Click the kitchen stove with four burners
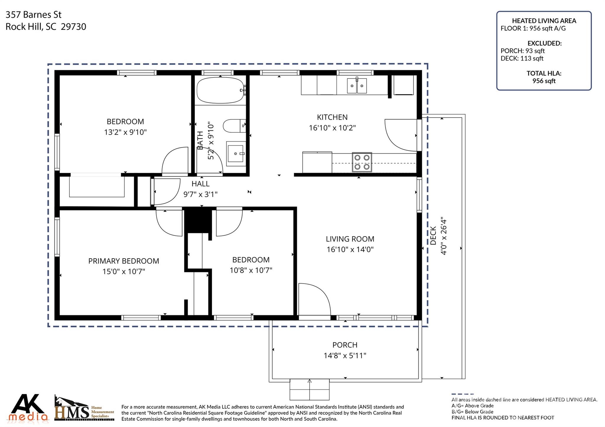[x=362, y=162]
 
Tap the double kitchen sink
[x=357, y=86]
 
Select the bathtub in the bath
[x=220, y=90]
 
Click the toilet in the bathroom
[x=234, y=126]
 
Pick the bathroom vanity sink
[x=236, y=153]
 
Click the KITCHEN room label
[x=332, y=117]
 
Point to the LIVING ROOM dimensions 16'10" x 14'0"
[x=350, y=249]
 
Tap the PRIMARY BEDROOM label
[x=123, y=261]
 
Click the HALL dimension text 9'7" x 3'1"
[x=200, y=194]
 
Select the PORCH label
[x=345, y=345]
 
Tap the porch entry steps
[x=309, y=390]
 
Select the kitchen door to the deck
[x=402, y=134]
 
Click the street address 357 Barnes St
[x=34, y=14]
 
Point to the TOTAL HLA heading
[x=544, y=73]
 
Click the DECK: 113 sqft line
[x=522, y=58]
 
